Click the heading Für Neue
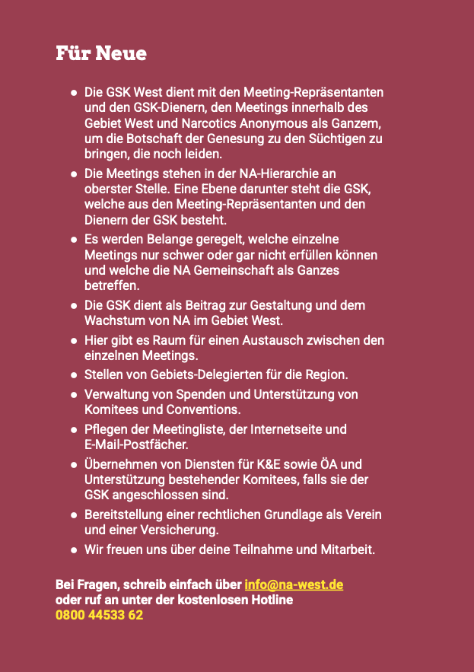click(101, 54)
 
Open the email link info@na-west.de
click(294, 584)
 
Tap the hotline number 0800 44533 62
click(99, 615)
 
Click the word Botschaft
click(144, 139)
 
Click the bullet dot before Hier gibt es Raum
click(74, 340)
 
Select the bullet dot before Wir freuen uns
click(74, 549)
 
